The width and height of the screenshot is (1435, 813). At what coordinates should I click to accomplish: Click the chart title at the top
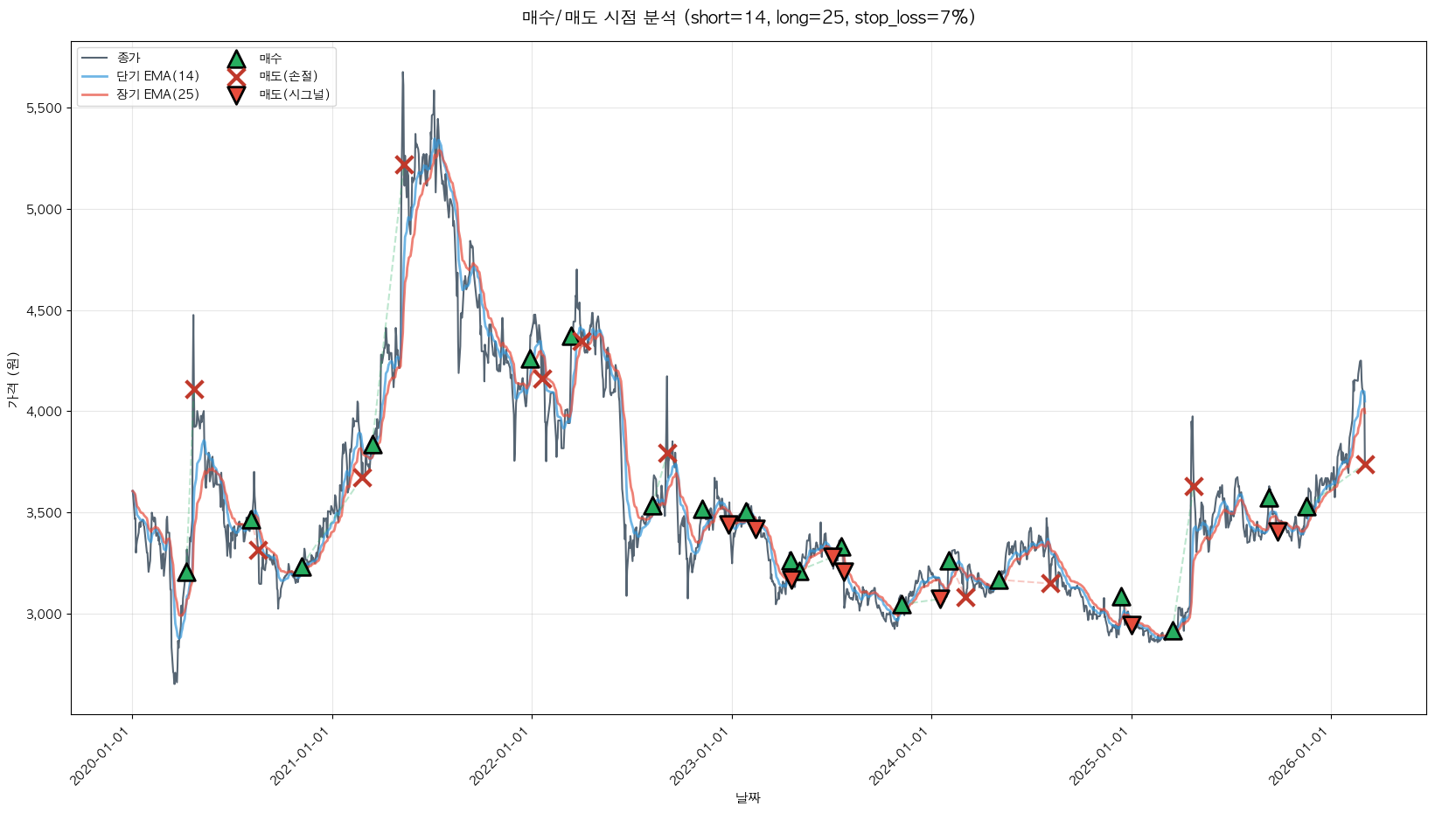(x=748, y=17)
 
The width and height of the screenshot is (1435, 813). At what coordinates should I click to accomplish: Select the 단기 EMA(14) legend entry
(x=157, y=76)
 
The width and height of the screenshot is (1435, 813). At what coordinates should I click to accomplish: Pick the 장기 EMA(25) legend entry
(x=157, y=94)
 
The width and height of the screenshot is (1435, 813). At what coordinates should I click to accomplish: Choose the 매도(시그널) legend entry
(x=294, y=94)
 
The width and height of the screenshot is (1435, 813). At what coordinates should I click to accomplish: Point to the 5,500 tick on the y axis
(x=45, y=108)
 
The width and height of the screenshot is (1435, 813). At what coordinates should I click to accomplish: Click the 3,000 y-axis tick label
(x=45, y=615)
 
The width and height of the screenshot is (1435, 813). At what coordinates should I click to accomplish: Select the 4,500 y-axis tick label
(x=45, y=311)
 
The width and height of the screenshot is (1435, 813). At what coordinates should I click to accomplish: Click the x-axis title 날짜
(x=748, y=797)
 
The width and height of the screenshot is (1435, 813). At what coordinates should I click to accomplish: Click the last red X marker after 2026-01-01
(x=1365, y=464)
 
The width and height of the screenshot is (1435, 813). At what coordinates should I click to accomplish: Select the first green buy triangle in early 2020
(x=186, y=573)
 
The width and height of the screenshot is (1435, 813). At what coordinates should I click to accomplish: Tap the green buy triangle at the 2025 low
(x=1173, y=631)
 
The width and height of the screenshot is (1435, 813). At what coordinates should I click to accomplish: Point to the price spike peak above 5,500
(x=402, y=73)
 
